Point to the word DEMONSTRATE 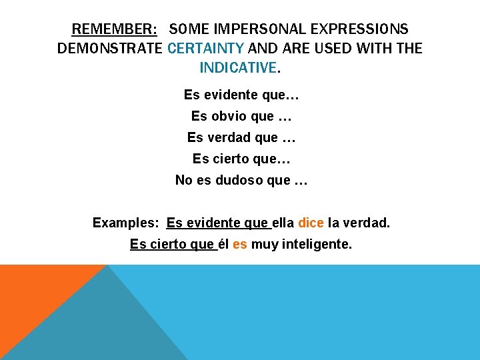point(110,48)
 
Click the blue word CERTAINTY point(206,48)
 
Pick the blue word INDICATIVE point(237,67)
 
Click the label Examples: point(125,223)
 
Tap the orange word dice point(311,223)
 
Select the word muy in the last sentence point(264,245)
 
